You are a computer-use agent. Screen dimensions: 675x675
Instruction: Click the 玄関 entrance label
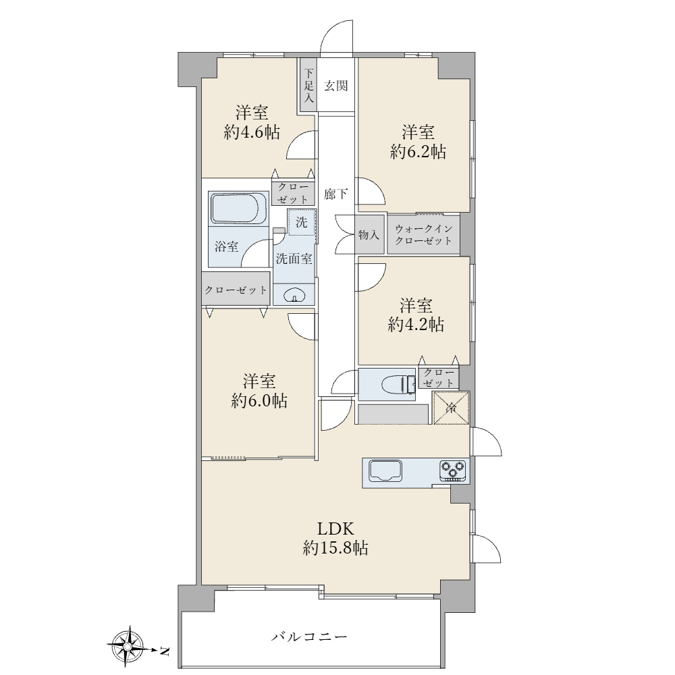click(335, 86)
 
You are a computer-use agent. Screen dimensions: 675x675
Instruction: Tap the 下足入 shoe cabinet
click(308, 85)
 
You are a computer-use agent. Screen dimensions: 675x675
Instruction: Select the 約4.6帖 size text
click(252, 132)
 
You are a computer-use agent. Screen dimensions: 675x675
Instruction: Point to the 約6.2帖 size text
click(418, 151)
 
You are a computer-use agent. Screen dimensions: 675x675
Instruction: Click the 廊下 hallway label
click(335, 194)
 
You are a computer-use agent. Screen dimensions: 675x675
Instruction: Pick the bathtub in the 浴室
click(239, 209)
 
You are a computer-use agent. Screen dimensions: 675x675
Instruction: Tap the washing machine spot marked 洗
click(302, 223)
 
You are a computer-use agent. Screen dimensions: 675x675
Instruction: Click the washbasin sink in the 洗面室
click(294, 296)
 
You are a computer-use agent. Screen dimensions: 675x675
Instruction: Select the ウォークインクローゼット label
click(424, 235)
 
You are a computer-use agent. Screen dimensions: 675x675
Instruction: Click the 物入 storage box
click(369, 235)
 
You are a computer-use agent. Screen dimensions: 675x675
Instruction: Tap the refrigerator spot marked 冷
click(451, 408)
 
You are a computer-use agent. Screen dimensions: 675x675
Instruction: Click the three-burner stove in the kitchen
click(453, 470)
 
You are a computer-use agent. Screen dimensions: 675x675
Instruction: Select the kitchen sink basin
click(385, 470)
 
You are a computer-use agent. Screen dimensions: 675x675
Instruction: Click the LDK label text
click(335, 528)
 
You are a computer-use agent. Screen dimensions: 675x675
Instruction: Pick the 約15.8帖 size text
click(335, 548)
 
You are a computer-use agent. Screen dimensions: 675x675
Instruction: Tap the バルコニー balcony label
click(309, 637)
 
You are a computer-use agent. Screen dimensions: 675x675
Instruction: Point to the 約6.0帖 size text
click(259, 401)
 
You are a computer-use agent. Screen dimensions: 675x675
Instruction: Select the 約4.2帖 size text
click(416, 325)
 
